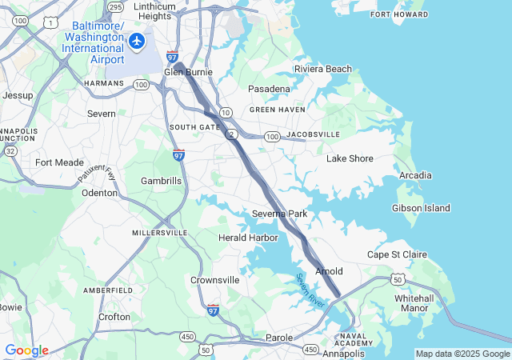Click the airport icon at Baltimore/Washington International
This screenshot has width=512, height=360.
click(138, 40)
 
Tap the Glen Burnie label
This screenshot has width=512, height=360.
click(188, 72)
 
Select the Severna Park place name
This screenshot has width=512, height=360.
click(279, 214)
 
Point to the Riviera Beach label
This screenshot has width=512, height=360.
click(322, 69)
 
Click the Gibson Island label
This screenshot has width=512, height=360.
click(421, 208)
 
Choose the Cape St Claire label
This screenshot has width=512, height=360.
click(397, 254)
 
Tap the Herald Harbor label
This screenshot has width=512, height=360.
click(248, 238)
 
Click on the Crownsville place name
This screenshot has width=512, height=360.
click(214, 280)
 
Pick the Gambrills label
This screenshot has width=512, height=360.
click(162, 181)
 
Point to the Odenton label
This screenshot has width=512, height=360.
click(100, 193)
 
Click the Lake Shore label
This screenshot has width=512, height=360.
click(350, 158)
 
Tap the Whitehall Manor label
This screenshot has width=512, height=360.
click(414, 303)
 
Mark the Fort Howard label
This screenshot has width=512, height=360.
click(399, 14)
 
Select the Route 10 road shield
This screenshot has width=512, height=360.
click(226, 112)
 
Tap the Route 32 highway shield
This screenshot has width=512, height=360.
click(10, 150)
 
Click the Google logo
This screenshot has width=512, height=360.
click(26, 350)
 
